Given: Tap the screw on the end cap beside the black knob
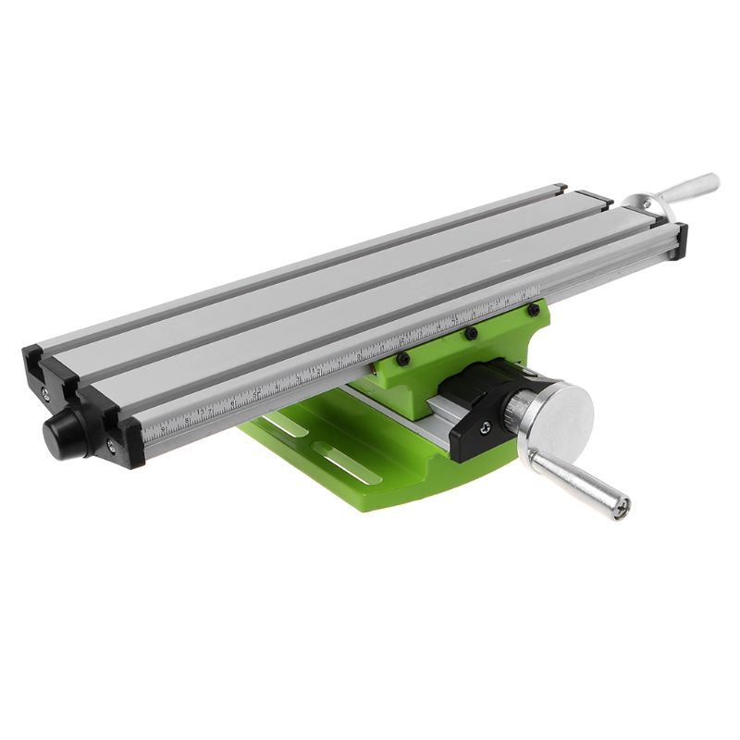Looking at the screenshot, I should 111,446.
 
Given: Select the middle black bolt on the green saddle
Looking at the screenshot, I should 471,333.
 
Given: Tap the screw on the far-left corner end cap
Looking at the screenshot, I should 45,393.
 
